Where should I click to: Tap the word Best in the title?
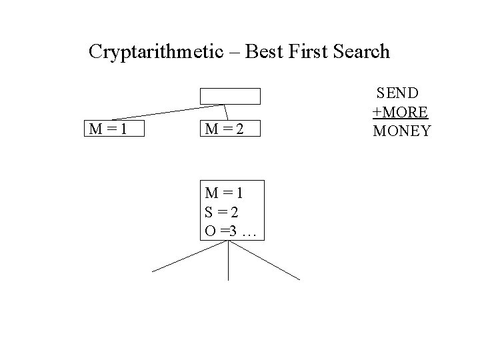[x=265, y=51]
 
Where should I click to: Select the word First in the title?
[x=313, y=51]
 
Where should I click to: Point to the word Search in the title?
[x=364, y=51]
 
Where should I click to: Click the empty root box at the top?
[x=231, y=97]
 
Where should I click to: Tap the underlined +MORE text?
[x=400, y=111]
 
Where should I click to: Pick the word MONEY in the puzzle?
[x=402, y=131]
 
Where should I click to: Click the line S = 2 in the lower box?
[x=223, y=212]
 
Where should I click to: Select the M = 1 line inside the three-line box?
[x=224, y=193]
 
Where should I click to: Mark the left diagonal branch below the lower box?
[x=189, y=257]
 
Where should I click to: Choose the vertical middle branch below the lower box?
[x=229, y=260]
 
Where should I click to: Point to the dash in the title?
[x=235, y=52]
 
